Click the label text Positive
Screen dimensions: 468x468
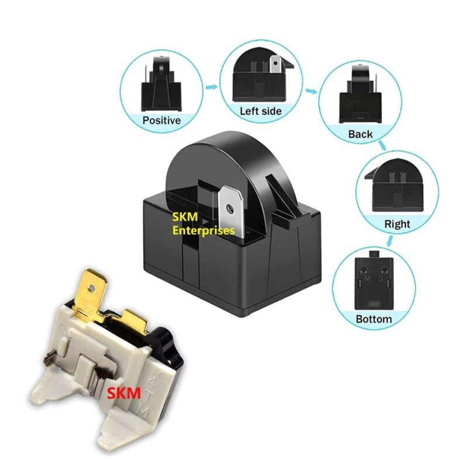point(161,121)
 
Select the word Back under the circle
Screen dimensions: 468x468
point(360,135)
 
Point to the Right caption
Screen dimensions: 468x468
point(397,224)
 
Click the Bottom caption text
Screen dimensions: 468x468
point(373,319)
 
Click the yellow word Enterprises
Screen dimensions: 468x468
point(203,230)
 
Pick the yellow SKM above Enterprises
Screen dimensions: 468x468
point(184,218)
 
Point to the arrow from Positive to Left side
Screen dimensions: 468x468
point(211,87)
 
